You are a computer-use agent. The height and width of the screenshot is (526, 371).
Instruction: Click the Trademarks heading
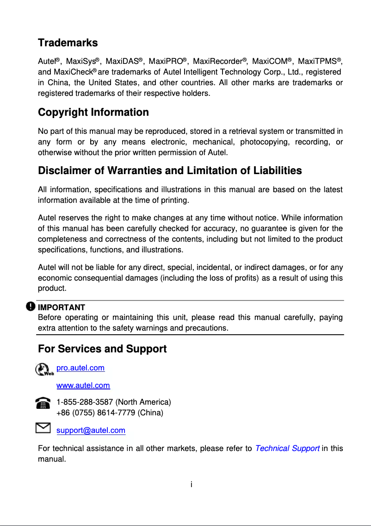click(x=68, y=43)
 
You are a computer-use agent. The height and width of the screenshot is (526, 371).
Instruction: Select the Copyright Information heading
click(x=93, y=113)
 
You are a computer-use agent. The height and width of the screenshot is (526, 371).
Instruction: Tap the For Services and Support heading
click(x=102, y=349)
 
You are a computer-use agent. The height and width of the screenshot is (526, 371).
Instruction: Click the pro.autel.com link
click(x=80, y=368)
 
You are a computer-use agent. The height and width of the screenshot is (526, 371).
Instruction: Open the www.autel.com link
click(x=83, y=385)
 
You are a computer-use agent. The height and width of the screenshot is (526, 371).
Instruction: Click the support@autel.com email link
click(x=91, y=431)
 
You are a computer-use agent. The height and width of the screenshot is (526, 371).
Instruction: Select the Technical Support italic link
click(x=287, y=448)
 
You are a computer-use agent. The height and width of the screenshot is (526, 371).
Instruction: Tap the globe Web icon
click(x=44, y=369)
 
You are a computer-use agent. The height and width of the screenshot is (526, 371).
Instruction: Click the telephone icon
click(x=43, y=403)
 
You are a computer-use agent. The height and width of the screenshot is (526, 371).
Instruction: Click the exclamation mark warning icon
click(x=31, y=307)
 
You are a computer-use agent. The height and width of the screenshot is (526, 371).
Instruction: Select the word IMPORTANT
click(x=61, y=307)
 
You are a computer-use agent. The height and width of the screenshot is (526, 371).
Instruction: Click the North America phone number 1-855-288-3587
click(x=85, y=402)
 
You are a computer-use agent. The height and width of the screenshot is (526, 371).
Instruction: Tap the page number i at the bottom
click(x=191, y=484)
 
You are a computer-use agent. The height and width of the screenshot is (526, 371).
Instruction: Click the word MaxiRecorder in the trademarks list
click(x=217, y=62)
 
